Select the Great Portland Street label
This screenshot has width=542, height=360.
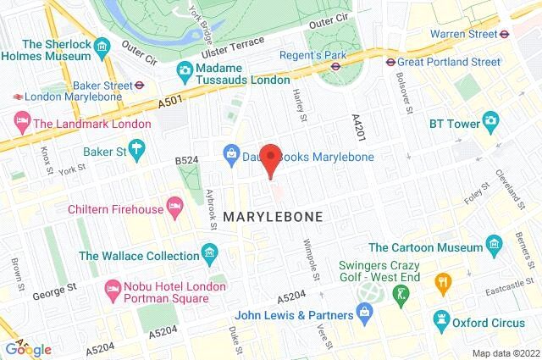click(x=450, y=61)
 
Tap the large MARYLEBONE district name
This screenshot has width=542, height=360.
click(x=274, y=217)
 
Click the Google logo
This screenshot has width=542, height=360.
click(x=28, y=349)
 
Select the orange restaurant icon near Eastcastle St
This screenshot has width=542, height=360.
click(x=441, y=281)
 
